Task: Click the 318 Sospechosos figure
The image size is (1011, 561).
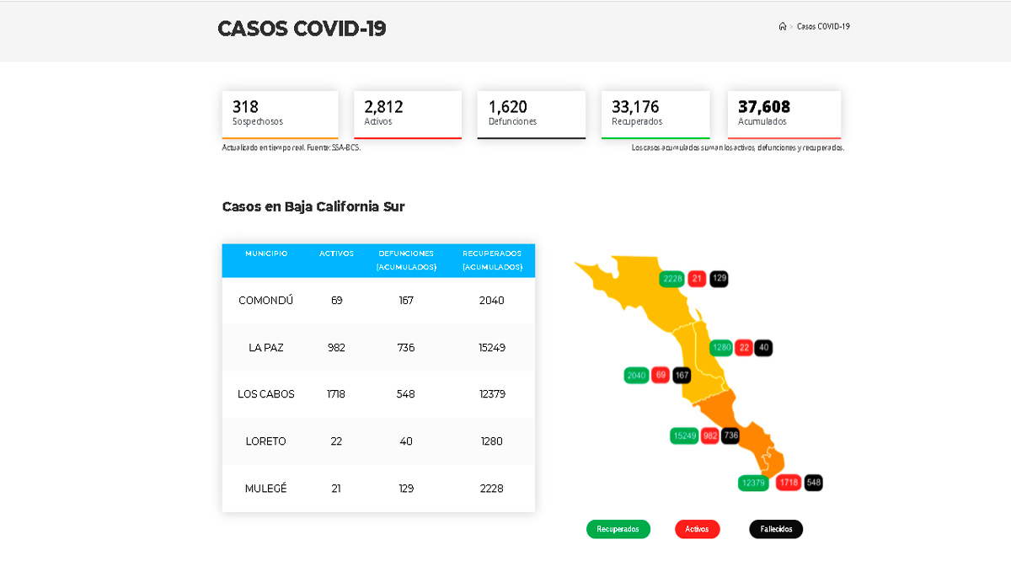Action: point(246,107)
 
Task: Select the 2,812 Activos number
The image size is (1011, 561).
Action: point(383,107)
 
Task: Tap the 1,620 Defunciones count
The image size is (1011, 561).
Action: point(508,107)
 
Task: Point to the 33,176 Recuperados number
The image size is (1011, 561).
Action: point(635,107)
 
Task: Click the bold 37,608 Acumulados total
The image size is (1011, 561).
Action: point(764,107)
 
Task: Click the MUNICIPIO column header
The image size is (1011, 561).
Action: point(266,254)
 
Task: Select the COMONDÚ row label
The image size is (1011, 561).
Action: point(266,301)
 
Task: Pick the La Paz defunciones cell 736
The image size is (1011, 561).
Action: point(406,348)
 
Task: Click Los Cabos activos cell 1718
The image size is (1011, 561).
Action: point(336,394)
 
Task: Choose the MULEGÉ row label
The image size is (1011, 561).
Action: point(266,489)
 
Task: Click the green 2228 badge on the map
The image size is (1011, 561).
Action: point(672,279)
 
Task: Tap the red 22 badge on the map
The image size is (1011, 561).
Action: point(744,347)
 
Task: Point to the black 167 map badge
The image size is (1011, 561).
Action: point(682,375)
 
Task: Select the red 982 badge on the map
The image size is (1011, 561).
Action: point(709,435)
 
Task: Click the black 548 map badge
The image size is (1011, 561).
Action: point(813,483)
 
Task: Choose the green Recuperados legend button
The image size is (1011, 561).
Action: point(618,529)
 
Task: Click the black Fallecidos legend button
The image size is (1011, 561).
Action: point(776,529)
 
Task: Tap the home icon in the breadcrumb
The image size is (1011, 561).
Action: point(783,27)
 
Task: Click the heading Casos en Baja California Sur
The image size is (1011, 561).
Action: point(313,206)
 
